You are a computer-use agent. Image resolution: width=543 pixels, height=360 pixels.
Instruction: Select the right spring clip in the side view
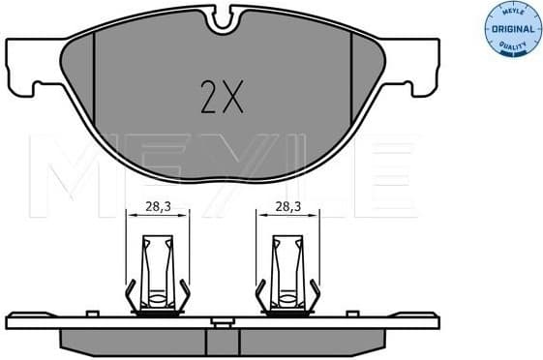pyautogui.click(x=288, y=275)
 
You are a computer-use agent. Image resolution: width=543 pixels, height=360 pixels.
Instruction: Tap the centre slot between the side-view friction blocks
pyautogui.click(x=225, y=339)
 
